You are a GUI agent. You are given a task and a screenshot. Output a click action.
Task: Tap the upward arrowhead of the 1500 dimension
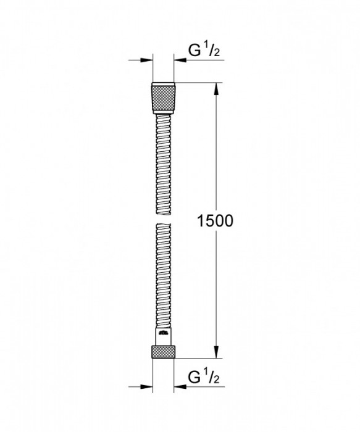tap(216, 88)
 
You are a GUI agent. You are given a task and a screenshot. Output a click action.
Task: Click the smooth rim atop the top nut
tap(164, 83)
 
